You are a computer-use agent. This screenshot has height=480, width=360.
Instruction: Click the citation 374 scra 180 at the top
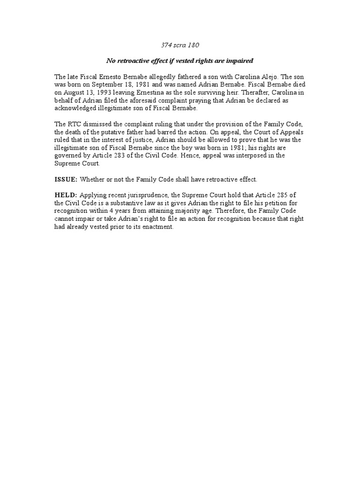point(180,45)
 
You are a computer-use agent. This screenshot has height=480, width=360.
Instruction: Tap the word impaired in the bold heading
point(240,61)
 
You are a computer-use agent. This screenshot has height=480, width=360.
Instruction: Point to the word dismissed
point(98,124)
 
